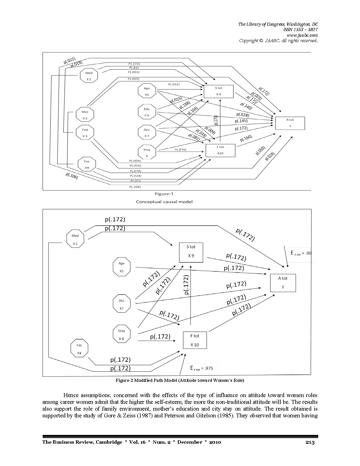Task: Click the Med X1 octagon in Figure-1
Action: (x=89, y=76)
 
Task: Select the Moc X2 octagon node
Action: (x=85, y=115)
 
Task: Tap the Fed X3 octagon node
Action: (x=85, y=132)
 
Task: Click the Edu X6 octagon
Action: (x=147, y=112)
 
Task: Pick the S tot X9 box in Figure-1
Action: (x=219, y=91)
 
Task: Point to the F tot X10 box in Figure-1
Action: (x=221, y=150)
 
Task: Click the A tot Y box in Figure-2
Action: (x=283, y=283)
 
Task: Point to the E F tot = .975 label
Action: (x=202, y=368)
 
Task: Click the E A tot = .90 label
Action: (x=301, y=253)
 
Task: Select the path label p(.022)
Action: (x=69, y=60)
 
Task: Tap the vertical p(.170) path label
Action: (x=216, y=120)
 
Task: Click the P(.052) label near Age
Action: (x=174, y=84)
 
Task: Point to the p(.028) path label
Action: (x=243, y=115)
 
